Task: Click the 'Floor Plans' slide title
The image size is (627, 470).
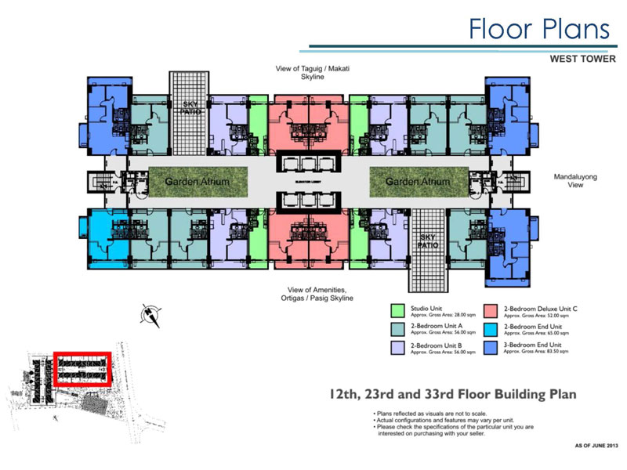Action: [x=538, y=29]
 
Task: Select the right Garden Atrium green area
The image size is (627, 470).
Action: [x=418, y=181]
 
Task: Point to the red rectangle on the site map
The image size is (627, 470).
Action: [x=82, y=368]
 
